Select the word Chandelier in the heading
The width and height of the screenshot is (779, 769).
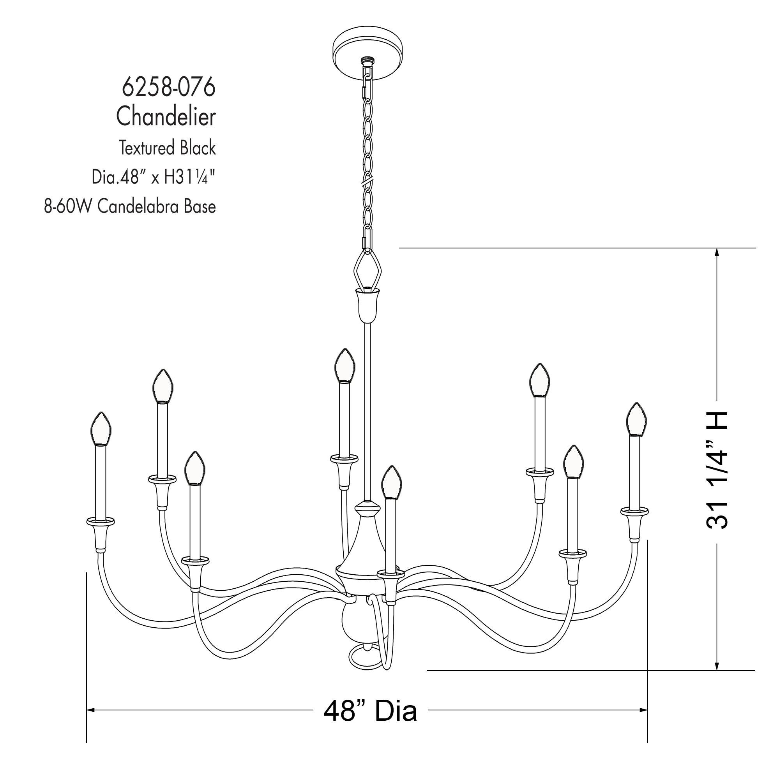point(166,117)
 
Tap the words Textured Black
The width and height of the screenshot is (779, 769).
point(167,148)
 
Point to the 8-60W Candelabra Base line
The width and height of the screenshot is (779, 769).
point(130,207)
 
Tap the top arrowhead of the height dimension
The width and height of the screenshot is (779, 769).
point(717,253)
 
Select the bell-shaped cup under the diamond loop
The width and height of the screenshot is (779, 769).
point(367,305)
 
